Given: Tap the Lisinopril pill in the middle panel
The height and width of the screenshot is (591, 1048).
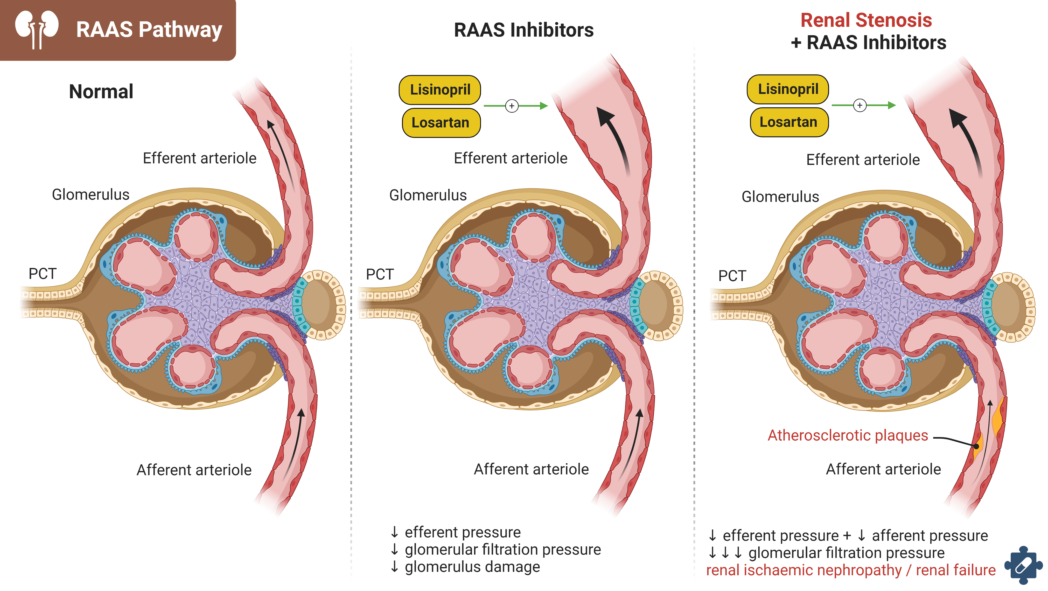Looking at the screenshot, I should tap(440, 90).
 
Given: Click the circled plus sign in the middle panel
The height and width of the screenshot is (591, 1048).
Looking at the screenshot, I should tap(511, 106).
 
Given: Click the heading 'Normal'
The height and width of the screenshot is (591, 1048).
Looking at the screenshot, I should tap(101, 91).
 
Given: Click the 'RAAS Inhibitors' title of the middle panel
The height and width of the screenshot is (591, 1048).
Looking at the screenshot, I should tap(524, 30).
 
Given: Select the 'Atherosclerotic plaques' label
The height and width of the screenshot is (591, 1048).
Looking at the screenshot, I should tap(847, 435).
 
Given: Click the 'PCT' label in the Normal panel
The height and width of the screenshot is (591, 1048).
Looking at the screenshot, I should tap(42, 274).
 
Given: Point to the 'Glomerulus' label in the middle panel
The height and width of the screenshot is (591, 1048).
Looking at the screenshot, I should tap(428, 195).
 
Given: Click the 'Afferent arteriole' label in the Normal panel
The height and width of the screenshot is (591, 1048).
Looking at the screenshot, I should tap(194, 470).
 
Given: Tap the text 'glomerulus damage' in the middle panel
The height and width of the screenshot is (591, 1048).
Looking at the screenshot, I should tap(472, 567).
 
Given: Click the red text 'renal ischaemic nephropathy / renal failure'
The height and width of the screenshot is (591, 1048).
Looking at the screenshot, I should tap(850, 570).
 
